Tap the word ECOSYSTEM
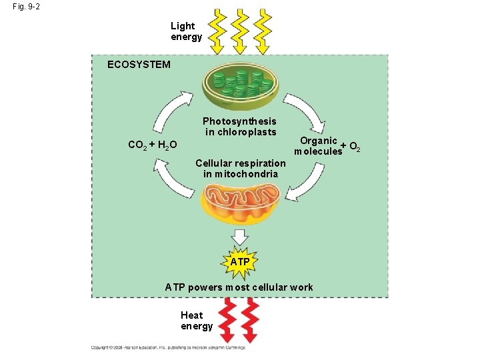pos(139,65)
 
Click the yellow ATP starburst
pos(239,262)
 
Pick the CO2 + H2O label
pos(152,145)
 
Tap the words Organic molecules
pos(318,146)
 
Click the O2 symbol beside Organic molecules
pos(355,147)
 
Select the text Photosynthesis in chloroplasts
pos(239,126)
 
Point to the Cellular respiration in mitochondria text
pos(240,169)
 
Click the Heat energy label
pos(196,321)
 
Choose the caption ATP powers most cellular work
pos(239,287)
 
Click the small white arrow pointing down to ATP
pos(239,236)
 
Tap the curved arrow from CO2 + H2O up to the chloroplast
pos(172,110)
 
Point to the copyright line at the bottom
pos(168,347)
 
